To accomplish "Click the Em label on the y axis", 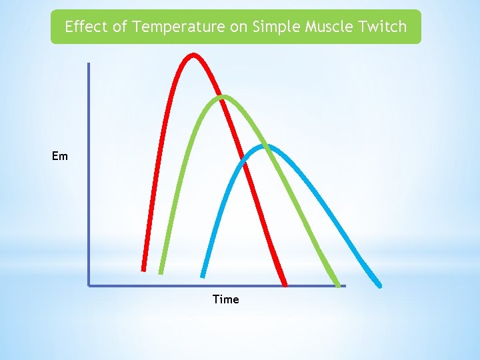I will pos(60,157).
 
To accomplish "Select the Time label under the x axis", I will pos(225,299).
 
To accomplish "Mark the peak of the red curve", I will pos(193,55).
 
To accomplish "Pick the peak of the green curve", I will pos(223,97).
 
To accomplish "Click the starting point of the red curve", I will pos(143,269).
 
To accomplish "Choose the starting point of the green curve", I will pos(161,272).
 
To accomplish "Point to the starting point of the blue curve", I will pos(203,275).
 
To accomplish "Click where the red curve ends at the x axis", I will pos(285,285).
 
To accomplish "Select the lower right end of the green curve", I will pos(337,285).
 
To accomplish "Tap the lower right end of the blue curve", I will pos(380,285).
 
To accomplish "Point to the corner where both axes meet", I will pos(89,285).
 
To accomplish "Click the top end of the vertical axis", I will pos(89,64).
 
